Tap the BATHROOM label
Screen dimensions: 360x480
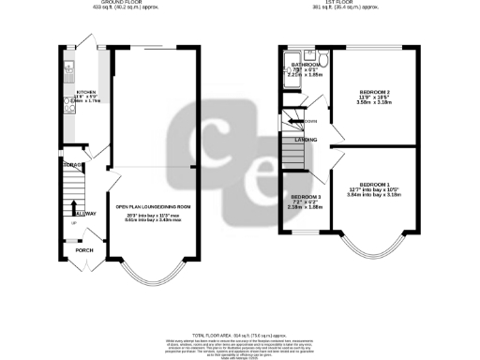[304, 64]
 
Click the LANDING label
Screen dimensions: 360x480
[305, 140]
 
